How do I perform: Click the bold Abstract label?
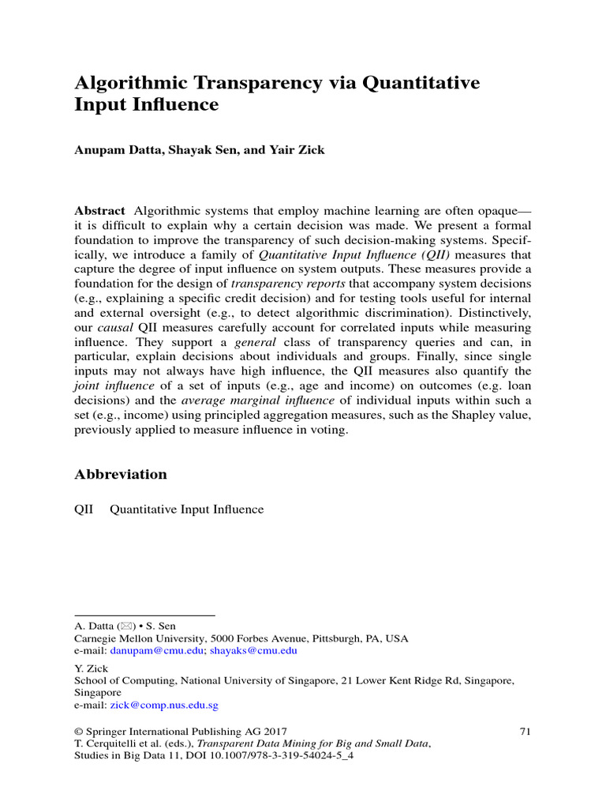click(99, 210)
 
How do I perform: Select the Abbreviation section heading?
click(121, 474)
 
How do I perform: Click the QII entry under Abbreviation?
click(83, 510)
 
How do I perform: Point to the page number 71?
click(525, 731)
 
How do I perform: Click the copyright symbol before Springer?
click(79, 731)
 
